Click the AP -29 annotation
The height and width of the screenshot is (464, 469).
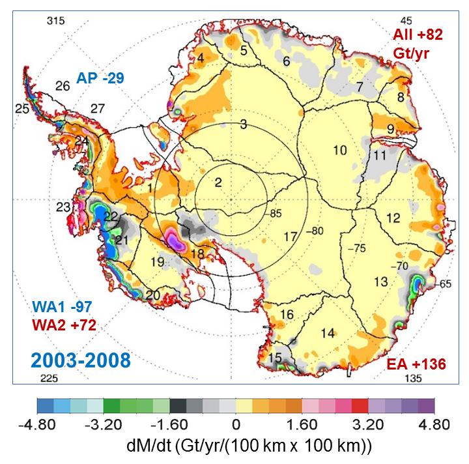[x=101, y=77]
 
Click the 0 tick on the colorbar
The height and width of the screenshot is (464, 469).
[x=235, y=425]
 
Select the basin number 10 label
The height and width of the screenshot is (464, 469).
[x=340, y=151]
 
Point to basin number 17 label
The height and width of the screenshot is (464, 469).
[x=290, y=236]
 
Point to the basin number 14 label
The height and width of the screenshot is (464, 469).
[x=328, y=334]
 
